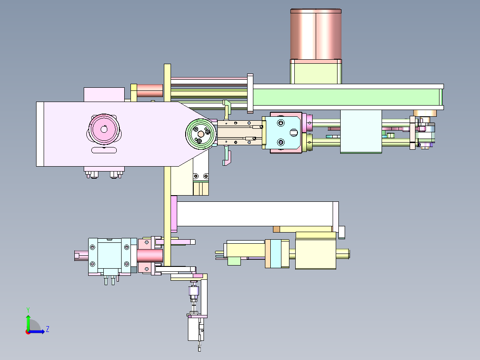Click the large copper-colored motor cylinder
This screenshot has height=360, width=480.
316,34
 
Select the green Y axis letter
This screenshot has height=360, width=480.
28,310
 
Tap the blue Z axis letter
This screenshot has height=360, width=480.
48,329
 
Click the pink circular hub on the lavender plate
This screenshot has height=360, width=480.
104,129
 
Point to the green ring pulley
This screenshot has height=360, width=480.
200,134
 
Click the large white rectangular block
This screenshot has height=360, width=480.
255,214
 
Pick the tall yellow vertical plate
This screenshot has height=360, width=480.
167,165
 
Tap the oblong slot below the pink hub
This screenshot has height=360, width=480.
104,150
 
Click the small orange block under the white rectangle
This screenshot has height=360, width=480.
277,229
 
